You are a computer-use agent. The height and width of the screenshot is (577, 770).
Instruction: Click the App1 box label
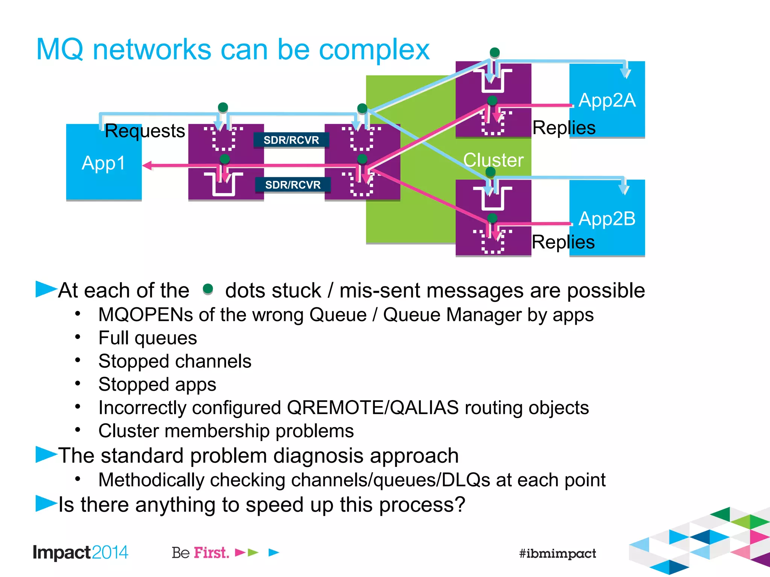pyautogui.click(x=103, y=163)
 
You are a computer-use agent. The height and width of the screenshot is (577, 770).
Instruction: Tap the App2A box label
pyautogui.click(x=607, y=100)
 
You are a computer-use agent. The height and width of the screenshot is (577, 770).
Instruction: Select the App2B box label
pyautogui.click(x=607, y=219)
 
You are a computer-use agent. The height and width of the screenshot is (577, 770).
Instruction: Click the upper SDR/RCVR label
pyautogui.click(x=291, y=140)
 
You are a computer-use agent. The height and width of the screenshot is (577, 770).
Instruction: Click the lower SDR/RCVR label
pyautogui.click(x=293, y=185)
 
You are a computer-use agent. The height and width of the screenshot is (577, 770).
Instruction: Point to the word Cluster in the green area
pyautogui.click(x=493, y=160)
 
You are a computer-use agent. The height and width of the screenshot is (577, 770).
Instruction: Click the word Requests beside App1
pyautogui.click(x=145, y=131)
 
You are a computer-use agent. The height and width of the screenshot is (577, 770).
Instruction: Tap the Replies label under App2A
pyautogui.click(x=564, y=128)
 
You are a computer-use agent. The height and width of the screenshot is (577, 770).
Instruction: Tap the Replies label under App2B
pyautogui.click(x=563, y=242)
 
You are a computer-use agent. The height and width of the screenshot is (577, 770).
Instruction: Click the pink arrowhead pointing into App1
pyautogui.click(x=147, y=165)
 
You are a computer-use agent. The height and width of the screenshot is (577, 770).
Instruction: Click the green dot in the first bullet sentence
pyautogui.click(x=208, y=289)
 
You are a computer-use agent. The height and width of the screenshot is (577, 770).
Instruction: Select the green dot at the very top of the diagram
pyautogui.click(x=495, y=52)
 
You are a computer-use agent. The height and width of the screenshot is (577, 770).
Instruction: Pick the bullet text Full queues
pyautogui.click(x=147, y=338)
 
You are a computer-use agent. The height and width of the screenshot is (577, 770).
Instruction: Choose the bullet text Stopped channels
pyautogui.click(x=175, y=361)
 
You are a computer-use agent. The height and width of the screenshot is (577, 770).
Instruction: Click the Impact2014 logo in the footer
pyautogui.click(x=80, y=553)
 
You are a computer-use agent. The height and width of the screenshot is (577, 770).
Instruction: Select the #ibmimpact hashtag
pyautogui.click(x=557, y=553)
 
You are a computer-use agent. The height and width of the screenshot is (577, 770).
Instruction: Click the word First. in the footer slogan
pyautogui.click(x=211, y=553)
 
